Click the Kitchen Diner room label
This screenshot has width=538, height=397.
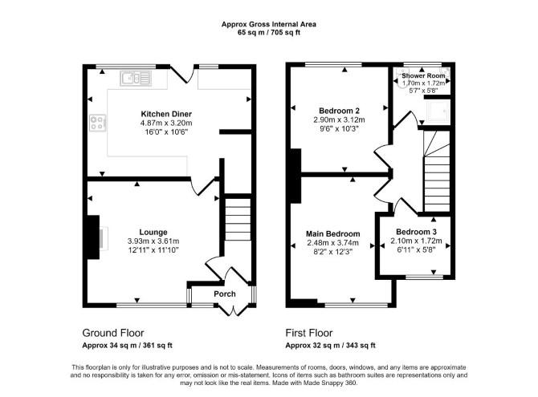tap(166, 114)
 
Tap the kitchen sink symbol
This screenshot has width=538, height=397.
tap(136, 78)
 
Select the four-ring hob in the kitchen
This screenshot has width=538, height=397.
tap(98, 123)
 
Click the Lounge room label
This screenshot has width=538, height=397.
tap(153, 233)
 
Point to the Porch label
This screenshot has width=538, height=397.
tap(225, 294)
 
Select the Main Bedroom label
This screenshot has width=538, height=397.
tap(332, 234)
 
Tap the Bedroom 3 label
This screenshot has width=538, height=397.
tap(416, 232)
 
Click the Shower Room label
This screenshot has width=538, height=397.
tap(423, 75)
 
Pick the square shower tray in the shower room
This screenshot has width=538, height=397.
tap(438, 111)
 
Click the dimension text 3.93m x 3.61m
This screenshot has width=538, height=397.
tap(153, 241)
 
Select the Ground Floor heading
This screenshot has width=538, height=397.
tap(113, 333)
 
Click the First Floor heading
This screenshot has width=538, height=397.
tap(309, 333)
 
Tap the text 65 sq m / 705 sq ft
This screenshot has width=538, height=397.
tap(269, 33)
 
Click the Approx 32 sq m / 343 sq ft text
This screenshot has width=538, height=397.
tap(330, 345)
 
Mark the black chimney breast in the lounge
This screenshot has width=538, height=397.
tap(93, 237)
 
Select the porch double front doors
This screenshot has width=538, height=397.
tap(234, 310)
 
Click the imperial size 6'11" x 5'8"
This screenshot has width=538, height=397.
tap(416, 250)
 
